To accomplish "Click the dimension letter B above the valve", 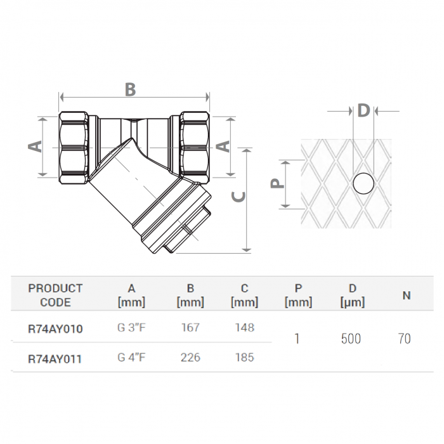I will tap(130, 89).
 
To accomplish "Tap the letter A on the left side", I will tap(36, 146).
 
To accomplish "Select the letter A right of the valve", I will tap(223, 146).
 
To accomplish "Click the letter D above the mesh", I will tap(363, 111).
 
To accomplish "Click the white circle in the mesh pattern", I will tap(364, 183).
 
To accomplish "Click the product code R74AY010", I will tap(55, 329).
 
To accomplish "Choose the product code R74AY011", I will tap(55, 358).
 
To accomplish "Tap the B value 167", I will tap(190, 328).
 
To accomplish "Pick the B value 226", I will tap(190, 358).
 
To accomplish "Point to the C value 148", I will tap(244, 328).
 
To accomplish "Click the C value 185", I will tap(244, 358).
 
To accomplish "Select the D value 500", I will tap(351, 339).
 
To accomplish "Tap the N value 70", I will tap(404, 339).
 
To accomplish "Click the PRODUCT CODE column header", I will tap(55, 295).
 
